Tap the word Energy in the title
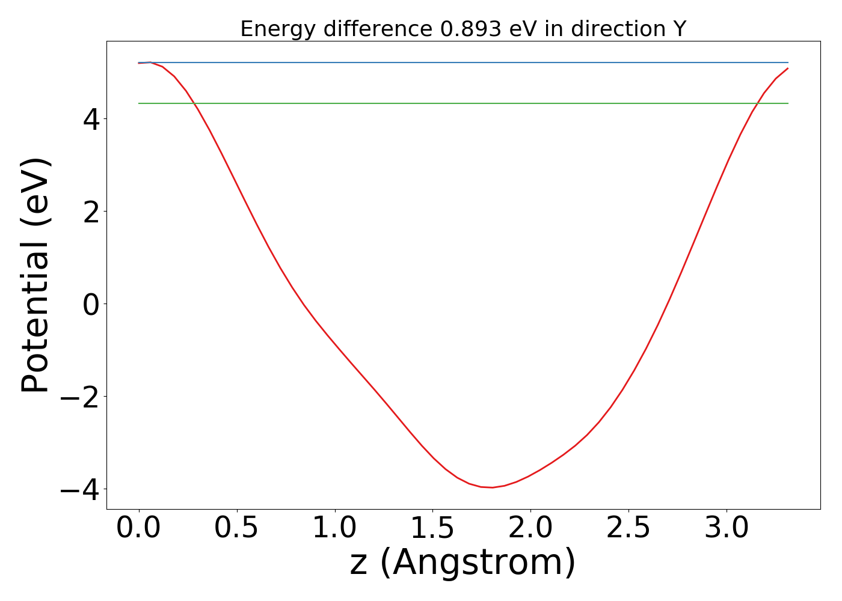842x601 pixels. pyautogui.click(x=269, y=29)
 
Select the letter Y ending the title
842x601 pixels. pyautogui.click(x=680, y=29)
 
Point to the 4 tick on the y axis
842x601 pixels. pyautogui.click(x=91, y=119)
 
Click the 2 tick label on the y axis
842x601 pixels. pyautogui.click(x=91, y=212)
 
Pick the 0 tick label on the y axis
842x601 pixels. pyautogui.click(x=91, y=304)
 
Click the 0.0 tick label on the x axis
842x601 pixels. pyautogui.click(x=139, y=528)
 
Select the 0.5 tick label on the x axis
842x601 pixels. pyautogui.click(x=237, y=528)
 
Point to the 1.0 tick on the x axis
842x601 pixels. pyautogui.click(x=335, y=528)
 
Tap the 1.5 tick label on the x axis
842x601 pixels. pyautogui.click(x=433, y=528)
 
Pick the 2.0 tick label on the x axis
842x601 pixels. pyautogui.click(x=531, y=528)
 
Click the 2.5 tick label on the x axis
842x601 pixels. pyautogui.click(x=629, y=528)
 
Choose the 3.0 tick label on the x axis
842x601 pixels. pyautogui.click(x=727, y=528)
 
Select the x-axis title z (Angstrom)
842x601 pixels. pyautogui.click(x=462, y=563)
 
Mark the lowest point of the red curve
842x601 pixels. pyautogui.click(x=492, y=487)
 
